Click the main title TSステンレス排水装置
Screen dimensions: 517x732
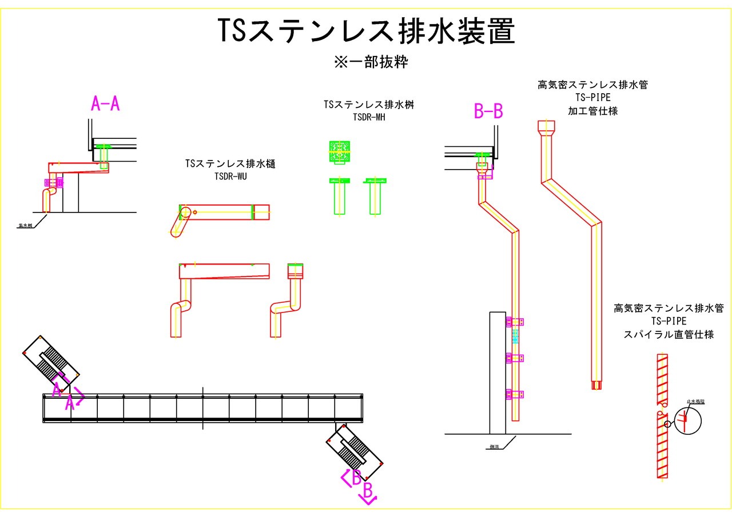click(366, 31)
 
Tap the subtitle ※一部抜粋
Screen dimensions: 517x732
click(371, 62)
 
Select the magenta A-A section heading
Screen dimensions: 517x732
click(105, 103)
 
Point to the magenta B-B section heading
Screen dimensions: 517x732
click(488, 111)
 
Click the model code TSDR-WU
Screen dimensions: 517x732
click(230, 177)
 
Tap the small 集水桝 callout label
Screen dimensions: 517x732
click(25, 226)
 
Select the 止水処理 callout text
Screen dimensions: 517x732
click(696, 402)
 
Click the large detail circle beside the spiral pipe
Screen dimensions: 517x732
click(687, 421)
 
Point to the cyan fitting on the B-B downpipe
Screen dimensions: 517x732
click(515, 336)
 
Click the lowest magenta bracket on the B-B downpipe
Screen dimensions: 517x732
click(515, 394)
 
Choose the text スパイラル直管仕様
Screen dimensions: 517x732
click(669, 335)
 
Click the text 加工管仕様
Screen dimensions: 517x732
click(592, 111)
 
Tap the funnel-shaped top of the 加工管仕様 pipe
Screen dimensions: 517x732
click(547, 128)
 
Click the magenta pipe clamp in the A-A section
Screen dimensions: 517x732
click(54, 183)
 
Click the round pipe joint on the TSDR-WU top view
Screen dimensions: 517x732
click(186, 213)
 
